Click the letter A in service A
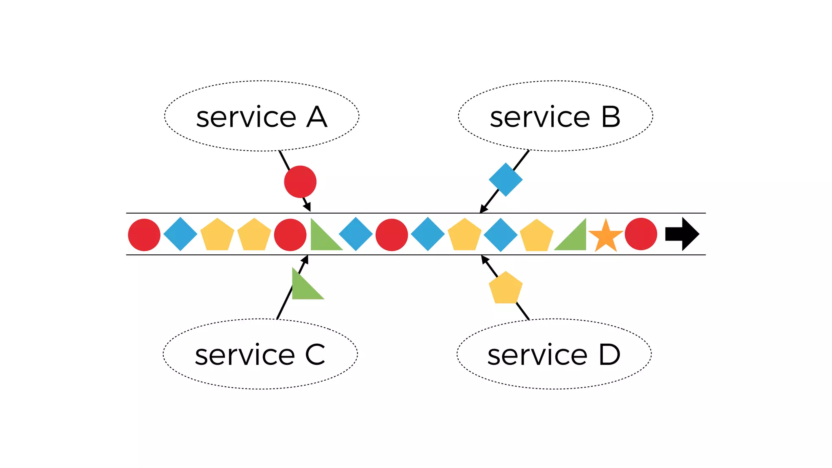point(317,117)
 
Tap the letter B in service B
point(611,117)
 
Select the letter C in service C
point(315,355)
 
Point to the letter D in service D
point(609,355)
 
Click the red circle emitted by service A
point(300,182)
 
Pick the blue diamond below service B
point(505,180)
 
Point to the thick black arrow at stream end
point(682,234)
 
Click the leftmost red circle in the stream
point(144,235)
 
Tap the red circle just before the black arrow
point(641,234)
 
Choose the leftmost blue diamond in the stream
point(180,234)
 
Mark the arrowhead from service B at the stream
point(483,209)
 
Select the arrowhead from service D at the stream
point(484,259)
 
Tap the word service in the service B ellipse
point(540,118)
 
